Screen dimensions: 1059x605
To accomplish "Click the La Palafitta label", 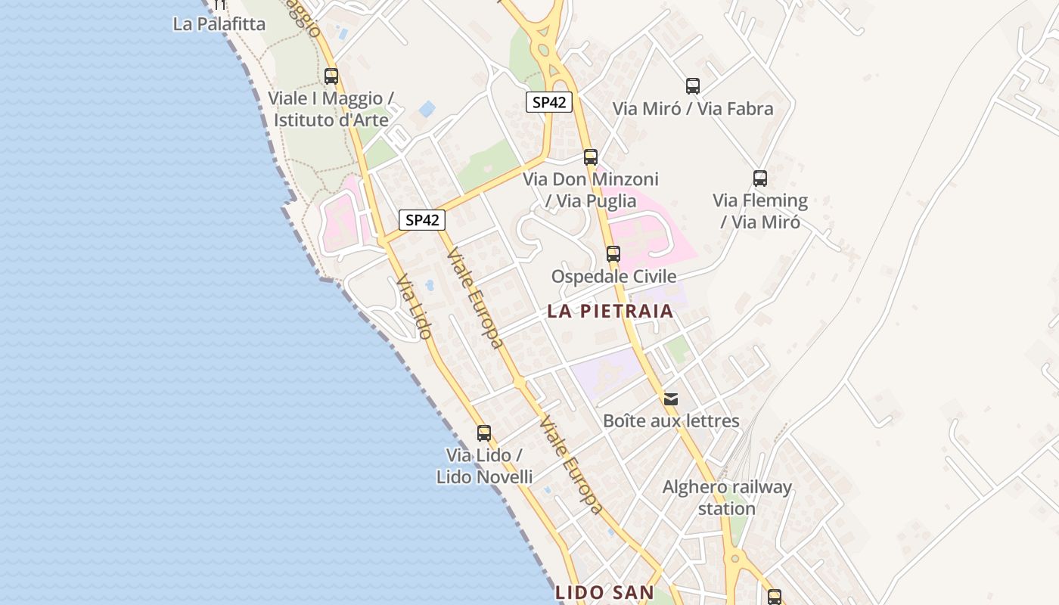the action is click(x=219, y=24).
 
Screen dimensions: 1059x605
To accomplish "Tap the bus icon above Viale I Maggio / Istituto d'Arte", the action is click(x=331, y=76).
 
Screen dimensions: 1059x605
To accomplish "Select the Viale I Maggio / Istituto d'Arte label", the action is click(x=331, y=109).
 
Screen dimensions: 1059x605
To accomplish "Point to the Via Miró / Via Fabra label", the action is click(x=693, y=109).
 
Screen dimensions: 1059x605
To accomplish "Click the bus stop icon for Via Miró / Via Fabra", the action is click(x=693, y=86).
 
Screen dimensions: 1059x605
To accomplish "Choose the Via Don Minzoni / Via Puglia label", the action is click(x=591, y=190).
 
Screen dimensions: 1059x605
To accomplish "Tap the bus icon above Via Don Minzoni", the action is click(x=591, y=157).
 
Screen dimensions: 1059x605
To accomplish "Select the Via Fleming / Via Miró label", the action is click(x=760, y=211).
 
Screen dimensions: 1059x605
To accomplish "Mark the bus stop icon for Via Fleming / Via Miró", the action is click(x=760, y=178).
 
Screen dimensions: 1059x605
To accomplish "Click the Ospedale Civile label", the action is click(x=613, y=276).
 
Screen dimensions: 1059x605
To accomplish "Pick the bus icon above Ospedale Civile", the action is click(x=613, y=254).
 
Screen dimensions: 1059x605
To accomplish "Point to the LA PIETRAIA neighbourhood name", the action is click(x=610, y=311).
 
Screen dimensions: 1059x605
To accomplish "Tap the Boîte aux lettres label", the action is click(x=671, y=420).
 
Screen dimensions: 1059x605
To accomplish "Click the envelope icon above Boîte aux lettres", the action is click(x=671, y=399).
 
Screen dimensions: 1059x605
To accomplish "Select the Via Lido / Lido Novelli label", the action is click(x=484, y=466).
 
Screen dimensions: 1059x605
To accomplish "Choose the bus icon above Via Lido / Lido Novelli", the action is click(x=484, y=433).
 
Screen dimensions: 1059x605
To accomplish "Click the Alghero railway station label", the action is click(x=727, y=498).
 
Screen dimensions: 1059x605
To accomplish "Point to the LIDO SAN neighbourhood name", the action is click(x=604, y=592).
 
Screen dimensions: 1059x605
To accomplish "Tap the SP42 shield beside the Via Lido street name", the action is click(x=422, y=220).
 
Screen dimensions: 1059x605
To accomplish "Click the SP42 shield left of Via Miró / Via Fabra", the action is click(x=549, y=102).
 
